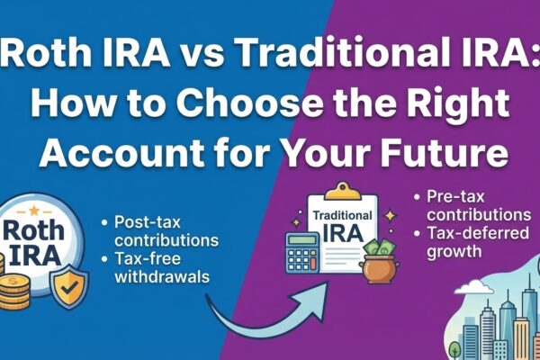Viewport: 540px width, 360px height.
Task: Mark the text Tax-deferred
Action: click(473, 233)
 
